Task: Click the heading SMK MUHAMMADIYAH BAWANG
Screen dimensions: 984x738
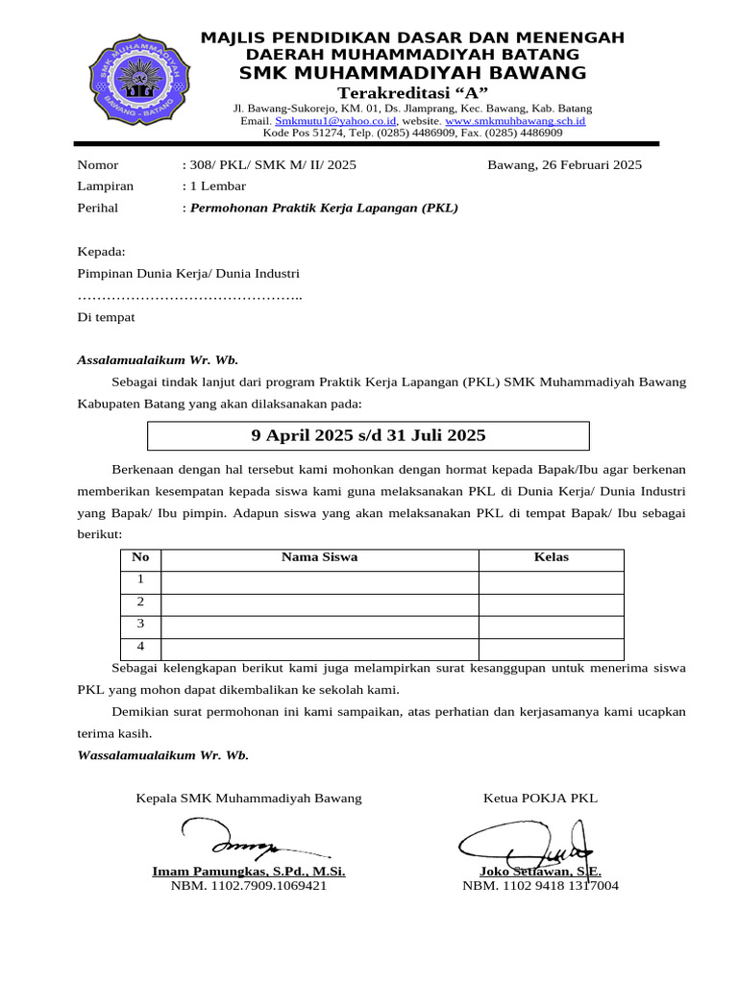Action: pos(412,73)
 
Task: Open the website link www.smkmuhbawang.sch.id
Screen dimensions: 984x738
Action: pos(515,121)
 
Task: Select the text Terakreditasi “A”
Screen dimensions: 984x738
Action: pos(412,91)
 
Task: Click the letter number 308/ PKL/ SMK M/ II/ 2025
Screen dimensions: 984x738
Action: pos(272,165)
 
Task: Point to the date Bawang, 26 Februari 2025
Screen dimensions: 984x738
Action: pos(564,165)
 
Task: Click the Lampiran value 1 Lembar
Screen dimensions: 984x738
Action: pos(217,186)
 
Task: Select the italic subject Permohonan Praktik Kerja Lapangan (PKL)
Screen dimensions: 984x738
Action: pos(324,208)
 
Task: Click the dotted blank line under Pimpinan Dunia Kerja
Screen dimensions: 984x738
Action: pos(189,295)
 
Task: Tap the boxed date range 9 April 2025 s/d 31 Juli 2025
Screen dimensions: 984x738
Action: pos(368,435)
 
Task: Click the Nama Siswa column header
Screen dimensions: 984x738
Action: pos(319,557)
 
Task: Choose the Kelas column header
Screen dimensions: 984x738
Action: pos(551,557)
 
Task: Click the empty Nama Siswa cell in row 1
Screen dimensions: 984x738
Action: pos(319,580)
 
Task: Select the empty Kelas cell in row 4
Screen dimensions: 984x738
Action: pos(551,649)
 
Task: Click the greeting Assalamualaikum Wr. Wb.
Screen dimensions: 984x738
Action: pos(158,360)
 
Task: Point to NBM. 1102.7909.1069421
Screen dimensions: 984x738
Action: pos(249,886)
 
